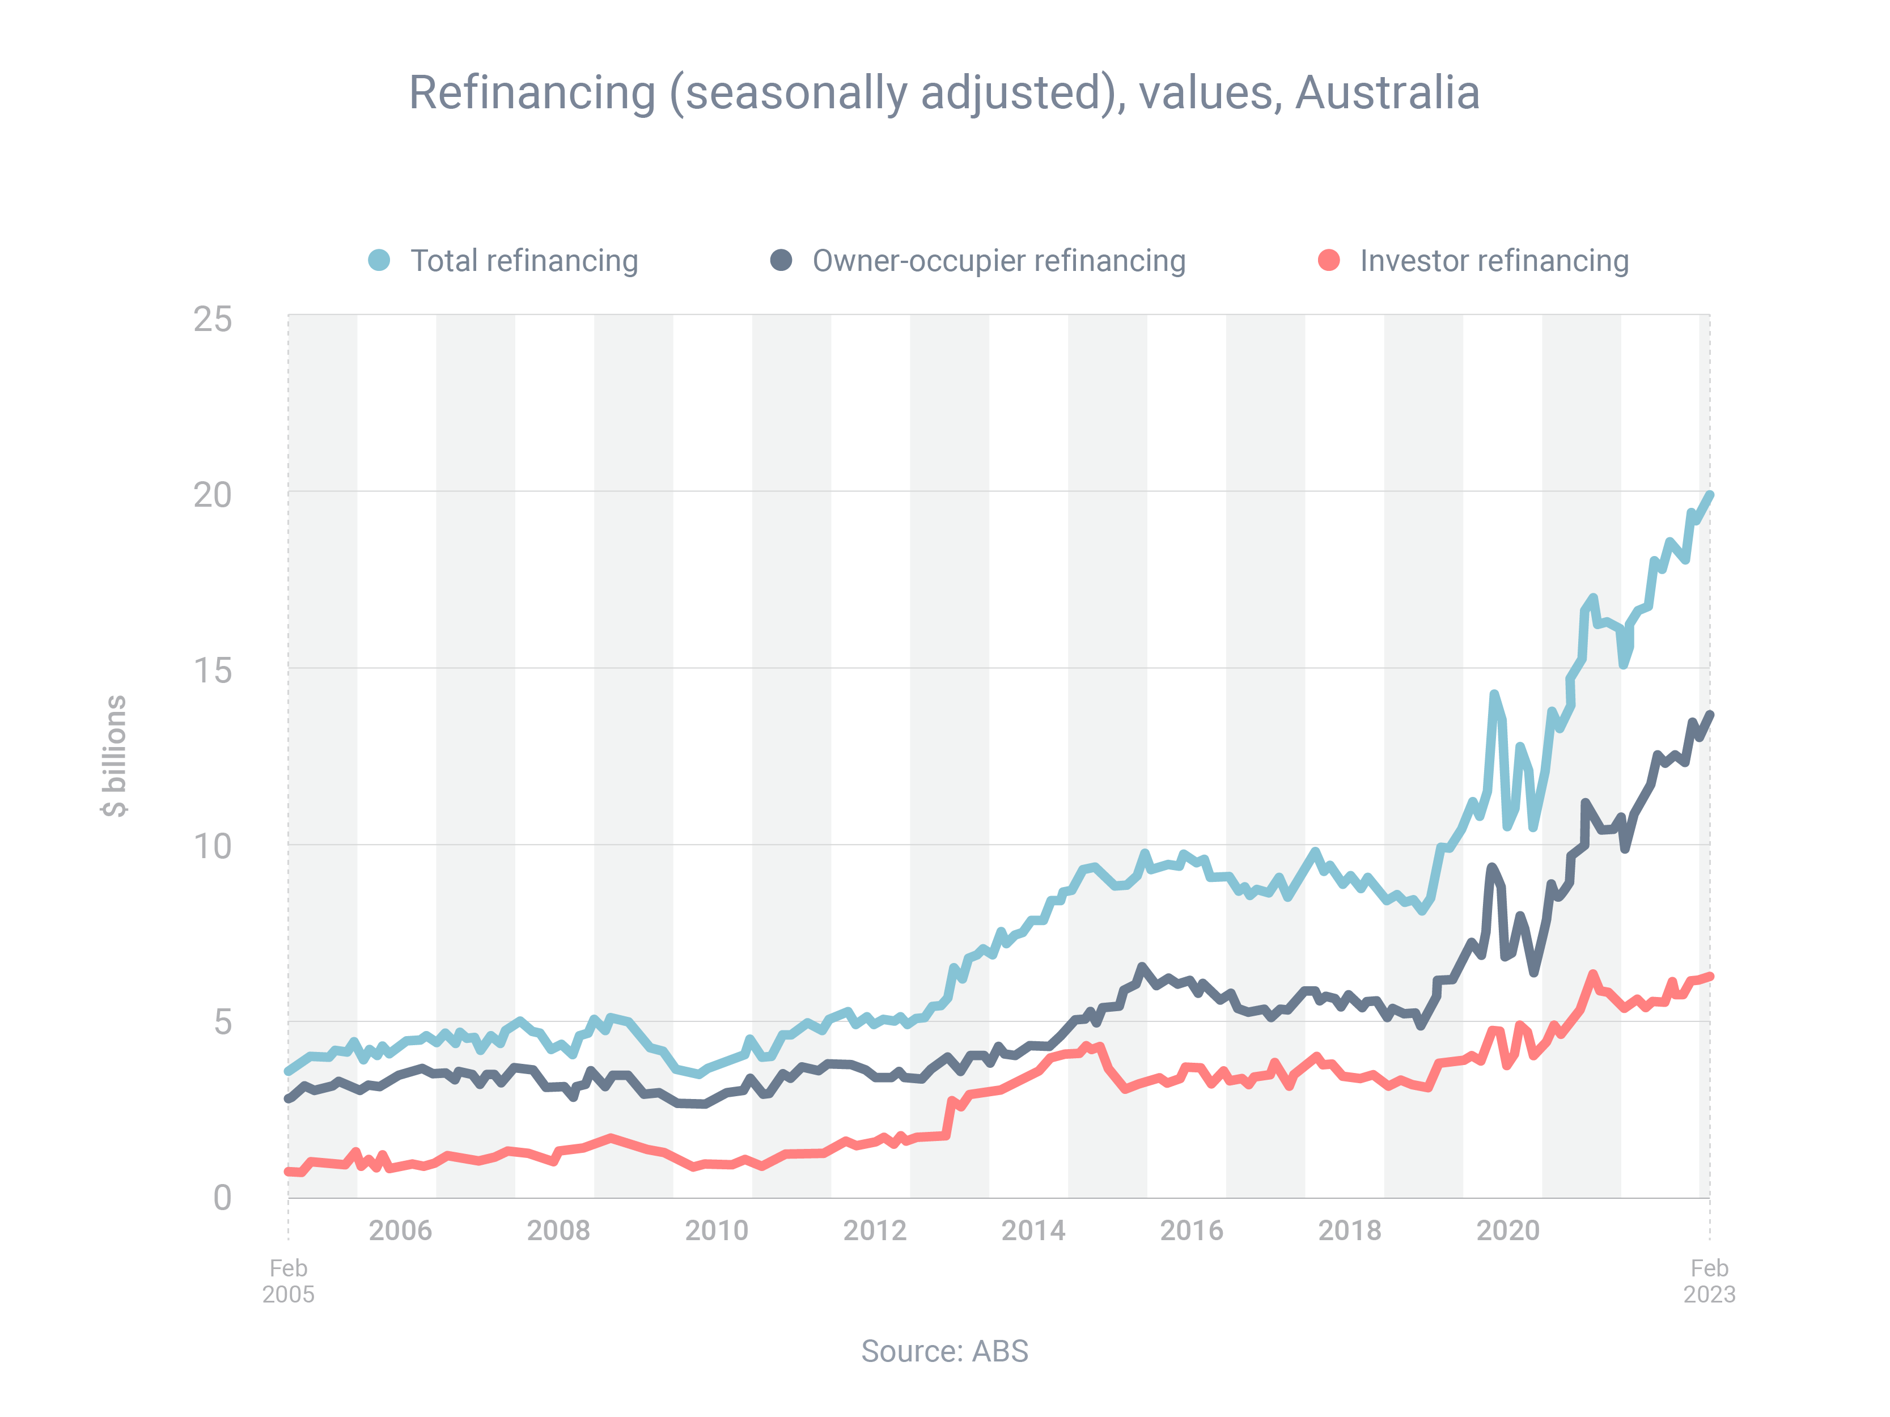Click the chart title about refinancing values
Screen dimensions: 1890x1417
(x=944, y=92)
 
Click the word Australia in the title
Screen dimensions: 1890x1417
(x=1388, y=92)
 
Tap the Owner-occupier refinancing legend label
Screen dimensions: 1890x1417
(x=999, y=261)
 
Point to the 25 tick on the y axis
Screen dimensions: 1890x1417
(x=212, y=320)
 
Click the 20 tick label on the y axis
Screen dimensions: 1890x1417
(x=212, y=495)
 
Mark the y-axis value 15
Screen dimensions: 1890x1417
(x=212, y=671)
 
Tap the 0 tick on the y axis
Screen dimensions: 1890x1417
(x=222, y=1198)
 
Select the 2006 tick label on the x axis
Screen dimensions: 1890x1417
(x=400, y=1230)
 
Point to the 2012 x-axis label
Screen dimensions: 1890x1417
(x=875, y=1230)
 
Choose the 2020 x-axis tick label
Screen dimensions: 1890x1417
(x=1508, y=1230)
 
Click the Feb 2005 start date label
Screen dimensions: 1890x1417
(x=288, y=1280)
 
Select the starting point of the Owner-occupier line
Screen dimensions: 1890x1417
(x=289, y=1098)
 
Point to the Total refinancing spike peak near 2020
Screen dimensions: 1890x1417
(x=1494, y=694)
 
